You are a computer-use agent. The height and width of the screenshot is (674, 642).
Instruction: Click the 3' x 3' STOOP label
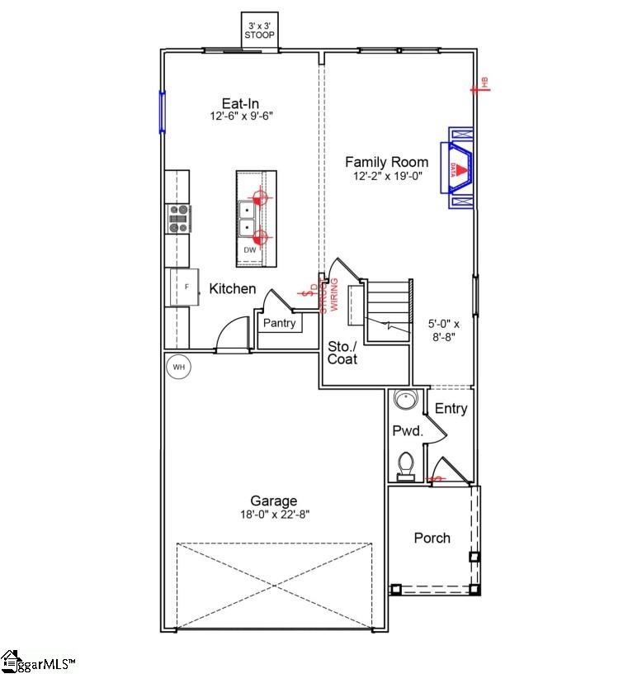point(259,31)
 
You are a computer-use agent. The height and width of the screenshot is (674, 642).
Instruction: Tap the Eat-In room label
point(240,104)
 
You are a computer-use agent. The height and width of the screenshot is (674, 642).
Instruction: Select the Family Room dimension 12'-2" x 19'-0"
point(387,176)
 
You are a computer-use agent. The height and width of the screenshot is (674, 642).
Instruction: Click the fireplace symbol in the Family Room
point(460,168)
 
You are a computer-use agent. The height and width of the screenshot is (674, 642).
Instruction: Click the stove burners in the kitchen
point(178,218)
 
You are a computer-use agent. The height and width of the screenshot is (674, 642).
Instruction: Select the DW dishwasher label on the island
point(249,249)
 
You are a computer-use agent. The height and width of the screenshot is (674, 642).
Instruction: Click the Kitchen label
point(232,289)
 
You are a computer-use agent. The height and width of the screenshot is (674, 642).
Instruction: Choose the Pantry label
point(279,323)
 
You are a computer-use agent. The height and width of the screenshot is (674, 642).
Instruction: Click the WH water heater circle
point(177,365)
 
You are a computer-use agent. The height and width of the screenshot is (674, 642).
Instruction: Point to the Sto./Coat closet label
point(342,353)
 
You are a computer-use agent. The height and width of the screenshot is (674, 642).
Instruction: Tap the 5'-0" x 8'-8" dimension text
point(444,330)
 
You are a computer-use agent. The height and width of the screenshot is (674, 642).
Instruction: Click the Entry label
point(451,409)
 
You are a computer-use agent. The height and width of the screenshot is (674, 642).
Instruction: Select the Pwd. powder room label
point(407,430)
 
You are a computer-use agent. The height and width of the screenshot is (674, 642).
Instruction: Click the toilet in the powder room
point(406,466)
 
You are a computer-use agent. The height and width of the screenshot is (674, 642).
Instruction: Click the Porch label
point(432,539)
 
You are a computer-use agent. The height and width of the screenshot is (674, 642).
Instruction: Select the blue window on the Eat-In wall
point(163,112)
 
